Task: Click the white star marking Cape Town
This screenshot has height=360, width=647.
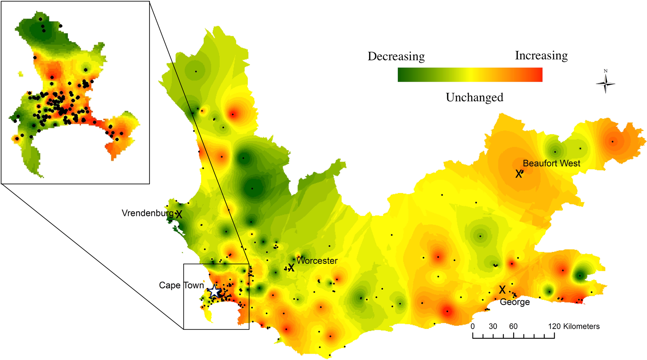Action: [x=214, y=291]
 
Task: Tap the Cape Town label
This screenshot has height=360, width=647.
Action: [x=181, y=285]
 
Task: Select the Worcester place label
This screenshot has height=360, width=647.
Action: [x=317, y=261]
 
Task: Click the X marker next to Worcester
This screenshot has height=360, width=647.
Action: [x=291, y=268]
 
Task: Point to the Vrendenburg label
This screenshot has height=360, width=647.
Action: [x=148, y=213]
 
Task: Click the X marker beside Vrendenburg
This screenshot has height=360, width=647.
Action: [x=179, y=215]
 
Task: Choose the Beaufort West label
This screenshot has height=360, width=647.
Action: [x=551, y=163]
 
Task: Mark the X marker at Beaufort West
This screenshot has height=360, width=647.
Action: [x=518, y=174]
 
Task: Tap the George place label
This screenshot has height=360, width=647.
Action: [x=515, y=302]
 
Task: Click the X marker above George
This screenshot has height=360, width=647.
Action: [x=502, y=290]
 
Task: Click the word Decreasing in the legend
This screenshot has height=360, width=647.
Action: [x=396, y=56]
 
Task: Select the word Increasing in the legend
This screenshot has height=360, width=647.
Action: [x=541, y=55]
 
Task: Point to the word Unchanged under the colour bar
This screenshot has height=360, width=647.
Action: [x=474, y=97]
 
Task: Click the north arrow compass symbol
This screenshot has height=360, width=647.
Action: [x=605, y=84]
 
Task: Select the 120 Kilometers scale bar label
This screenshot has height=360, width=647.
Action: [x=574, y=326]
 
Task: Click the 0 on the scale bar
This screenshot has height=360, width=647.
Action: [x=473, y=326]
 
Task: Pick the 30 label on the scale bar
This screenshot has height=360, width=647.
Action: [x=493, y=326]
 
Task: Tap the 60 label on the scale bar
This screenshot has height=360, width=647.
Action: [x=513, y=326]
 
